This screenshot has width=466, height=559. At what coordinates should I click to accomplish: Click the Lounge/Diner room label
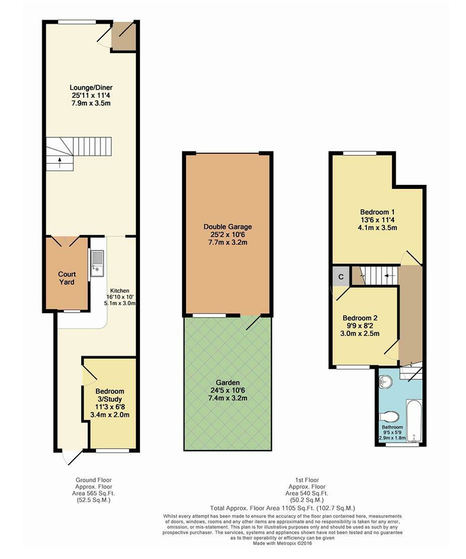click(91, 88)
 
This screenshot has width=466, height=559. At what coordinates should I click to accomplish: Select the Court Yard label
click(67, 278)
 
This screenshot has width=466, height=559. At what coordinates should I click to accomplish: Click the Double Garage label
click(227, 227)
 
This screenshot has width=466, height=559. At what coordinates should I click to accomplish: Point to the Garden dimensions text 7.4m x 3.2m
click(227, 398)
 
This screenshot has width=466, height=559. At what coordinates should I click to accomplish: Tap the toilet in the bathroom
click(389, 416)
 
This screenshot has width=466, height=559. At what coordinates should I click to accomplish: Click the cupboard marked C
click(341, 277)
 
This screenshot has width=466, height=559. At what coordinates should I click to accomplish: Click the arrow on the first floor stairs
click(389, 275)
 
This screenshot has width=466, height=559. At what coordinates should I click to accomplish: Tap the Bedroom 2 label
click(360, 318)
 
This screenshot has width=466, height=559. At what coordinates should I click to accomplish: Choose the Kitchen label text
click(120, 291)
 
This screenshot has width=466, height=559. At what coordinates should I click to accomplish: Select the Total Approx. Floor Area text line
click(283, 508)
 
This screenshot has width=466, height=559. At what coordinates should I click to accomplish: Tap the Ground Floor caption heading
click(94, 480)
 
